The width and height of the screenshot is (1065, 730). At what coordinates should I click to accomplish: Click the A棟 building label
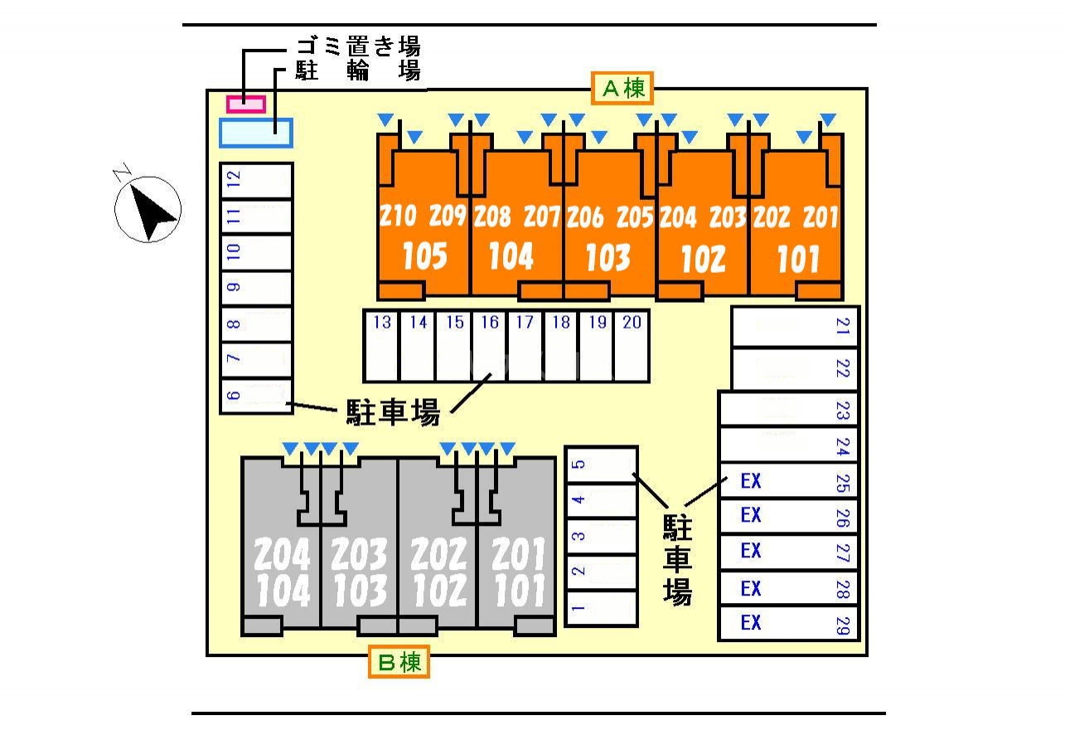click(x=622, y=88)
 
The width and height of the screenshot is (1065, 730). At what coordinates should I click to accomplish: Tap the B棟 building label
click(x=399, y=663)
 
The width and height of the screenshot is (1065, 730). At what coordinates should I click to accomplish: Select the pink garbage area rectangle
click(x=246, y=104)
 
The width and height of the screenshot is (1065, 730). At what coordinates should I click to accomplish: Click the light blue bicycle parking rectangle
click(x=255, y=132)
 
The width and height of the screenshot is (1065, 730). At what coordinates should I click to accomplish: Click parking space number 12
click(x=255, y=181)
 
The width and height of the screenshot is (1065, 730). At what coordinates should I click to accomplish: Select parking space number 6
click(x=255, y=396)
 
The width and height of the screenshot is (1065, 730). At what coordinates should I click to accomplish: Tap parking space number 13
click(x=381, y=346)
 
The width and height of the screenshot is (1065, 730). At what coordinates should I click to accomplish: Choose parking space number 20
click(x=632, y=346)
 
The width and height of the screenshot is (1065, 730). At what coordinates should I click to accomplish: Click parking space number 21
click(x=794, y=327)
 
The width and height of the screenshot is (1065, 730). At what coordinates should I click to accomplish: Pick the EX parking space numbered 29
click(x=787, y=623)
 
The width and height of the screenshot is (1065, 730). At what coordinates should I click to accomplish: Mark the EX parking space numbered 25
click(x=787, y=481)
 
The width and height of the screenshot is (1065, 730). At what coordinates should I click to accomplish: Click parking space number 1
click(x=601, y=608)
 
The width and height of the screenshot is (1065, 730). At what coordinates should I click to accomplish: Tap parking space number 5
click(x=601, y=464)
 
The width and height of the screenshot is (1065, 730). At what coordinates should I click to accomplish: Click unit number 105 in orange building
click(x=424, y=257)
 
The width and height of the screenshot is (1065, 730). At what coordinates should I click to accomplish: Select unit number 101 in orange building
click(x=797, y=259)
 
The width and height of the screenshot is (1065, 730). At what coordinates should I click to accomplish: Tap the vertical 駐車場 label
click(x=677, y=560)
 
